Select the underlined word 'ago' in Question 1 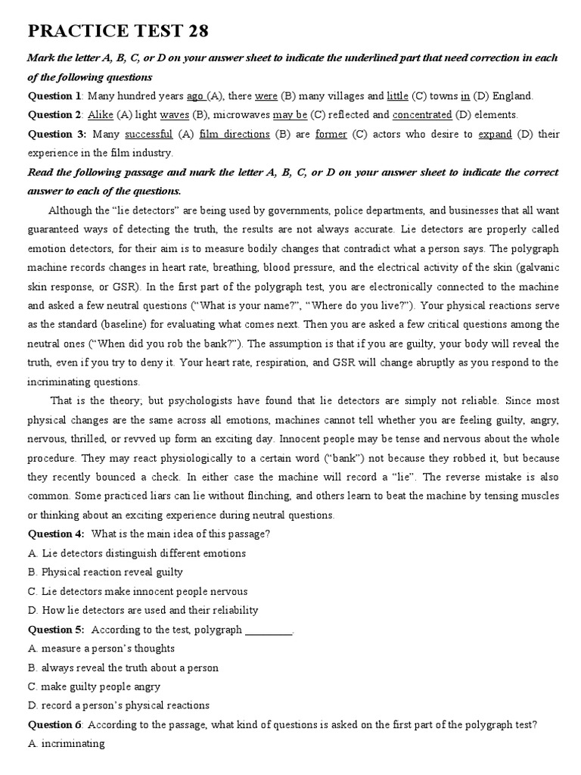(195, 96)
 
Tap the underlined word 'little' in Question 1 (397, 96)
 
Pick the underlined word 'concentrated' (421, 115)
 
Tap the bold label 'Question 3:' (57, 135)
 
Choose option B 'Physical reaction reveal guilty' (105, 572)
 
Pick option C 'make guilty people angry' (94, 686)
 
